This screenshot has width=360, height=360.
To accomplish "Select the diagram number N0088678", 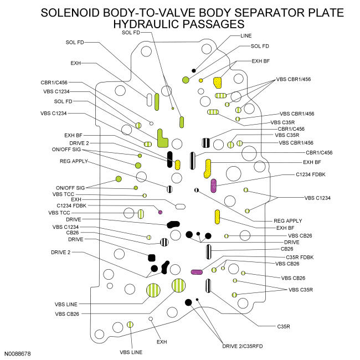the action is tap(18, 354).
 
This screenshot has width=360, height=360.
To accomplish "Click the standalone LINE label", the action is tap(246, 36).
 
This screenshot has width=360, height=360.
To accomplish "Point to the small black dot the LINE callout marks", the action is tap(193, 71).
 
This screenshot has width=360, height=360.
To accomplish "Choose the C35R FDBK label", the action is tap(300, 258).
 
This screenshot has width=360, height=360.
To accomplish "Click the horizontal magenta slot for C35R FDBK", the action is tap(197, 272).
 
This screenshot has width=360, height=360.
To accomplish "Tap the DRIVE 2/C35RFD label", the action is tap(242, 346).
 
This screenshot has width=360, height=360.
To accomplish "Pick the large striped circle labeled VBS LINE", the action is tap(153, 290).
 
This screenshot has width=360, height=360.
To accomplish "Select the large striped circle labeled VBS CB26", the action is tap(179, 285).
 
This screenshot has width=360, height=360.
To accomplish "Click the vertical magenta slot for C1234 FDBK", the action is tap(214, 186).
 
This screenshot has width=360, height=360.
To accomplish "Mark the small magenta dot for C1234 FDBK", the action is tap(160, 212).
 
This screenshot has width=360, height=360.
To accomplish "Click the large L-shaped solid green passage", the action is tap(162, 138).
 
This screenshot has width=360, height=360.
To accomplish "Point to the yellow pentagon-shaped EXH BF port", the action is tap(217, 83).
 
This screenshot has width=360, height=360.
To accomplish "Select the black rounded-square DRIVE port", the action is tap(152, 258).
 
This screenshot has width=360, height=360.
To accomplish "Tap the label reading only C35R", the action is tap(284, 326).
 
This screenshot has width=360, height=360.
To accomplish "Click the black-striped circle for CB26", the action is tap(164, 242).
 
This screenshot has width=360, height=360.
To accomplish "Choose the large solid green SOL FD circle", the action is tap(186, 80).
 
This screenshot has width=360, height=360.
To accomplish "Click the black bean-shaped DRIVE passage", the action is tap(173, 224).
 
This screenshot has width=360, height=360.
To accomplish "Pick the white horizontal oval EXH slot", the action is tap(180, 207).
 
